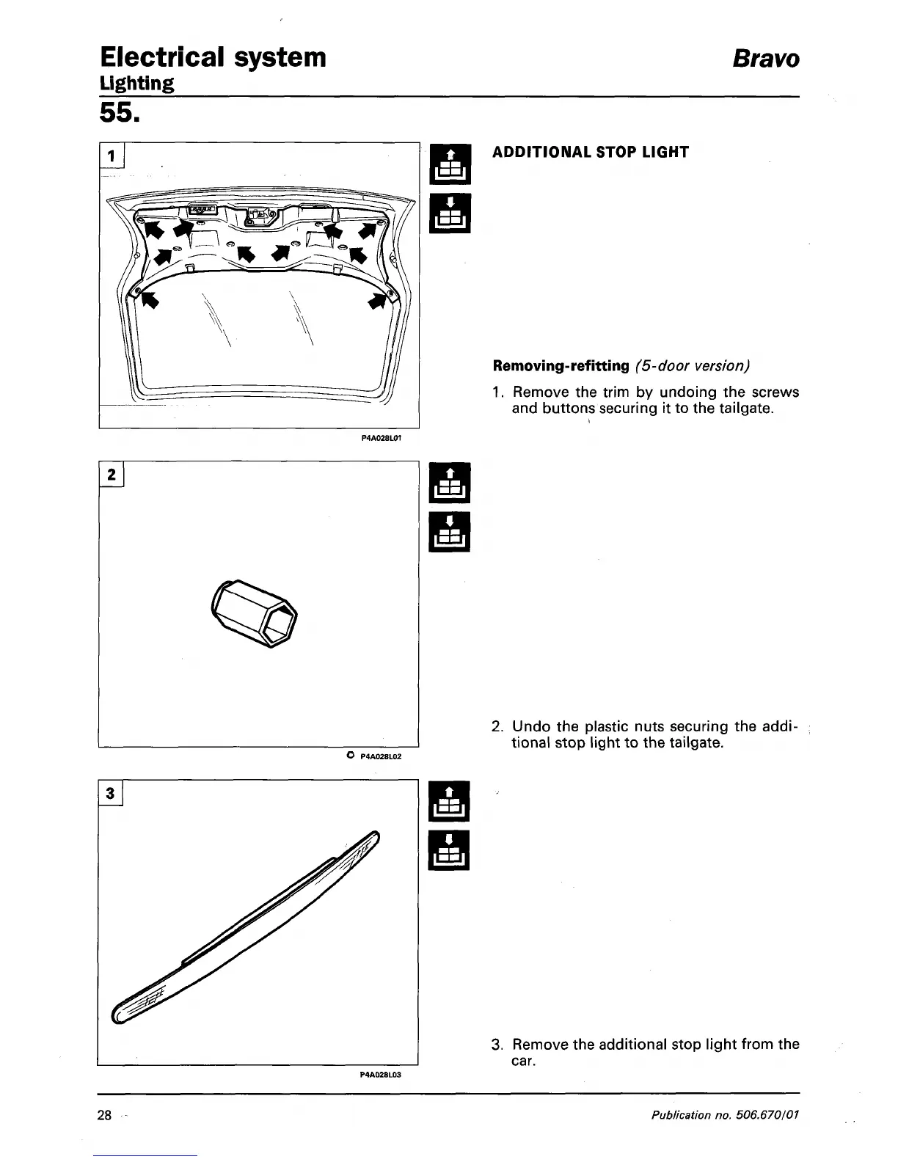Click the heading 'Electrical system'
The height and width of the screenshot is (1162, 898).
(x=213, y=56)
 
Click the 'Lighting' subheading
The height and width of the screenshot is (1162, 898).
(x=137, y=83)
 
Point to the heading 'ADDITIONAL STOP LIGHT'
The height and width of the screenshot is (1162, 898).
(x=591, y=153)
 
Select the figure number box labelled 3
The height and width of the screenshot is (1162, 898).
(x=111, y=793)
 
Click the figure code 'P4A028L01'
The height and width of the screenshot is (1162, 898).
(x=382, y=438)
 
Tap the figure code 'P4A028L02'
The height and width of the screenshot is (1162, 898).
(x=382, y=756)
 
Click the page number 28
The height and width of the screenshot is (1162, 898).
(x=104, y=1116)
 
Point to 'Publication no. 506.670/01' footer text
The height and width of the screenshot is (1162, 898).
(x=725, y=1116)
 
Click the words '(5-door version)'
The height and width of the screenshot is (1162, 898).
(x=693, y=365)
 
